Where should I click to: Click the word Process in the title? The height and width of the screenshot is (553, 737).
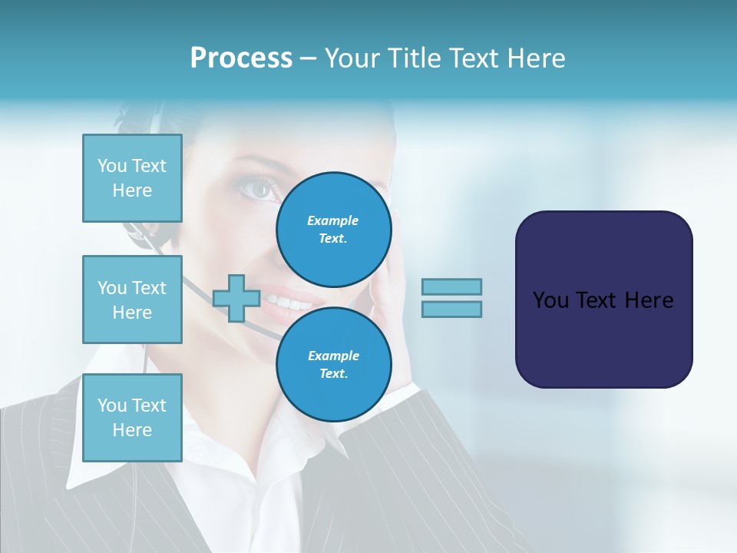(x=241, y=58)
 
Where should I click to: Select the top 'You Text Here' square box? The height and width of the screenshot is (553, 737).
(x=132, y=178)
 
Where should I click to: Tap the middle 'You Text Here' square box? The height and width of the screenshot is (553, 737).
(x=132, y=300)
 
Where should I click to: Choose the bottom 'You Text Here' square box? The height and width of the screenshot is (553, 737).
(x=132, y=418)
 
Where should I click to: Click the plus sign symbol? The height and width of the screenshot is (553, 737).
(x=236, y=298)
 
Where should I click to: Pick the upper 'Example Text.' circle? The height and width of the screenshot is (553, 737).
(x=333, y=229)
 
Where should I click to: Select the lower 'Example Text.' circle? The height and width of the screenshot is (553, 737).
(x=333, y=364)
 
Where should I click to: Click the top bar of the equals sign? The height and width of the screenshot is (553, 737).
(x=451, y=286)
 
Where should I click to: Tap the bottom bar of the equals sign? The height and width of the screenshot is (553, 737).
(x=451, y=309)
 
